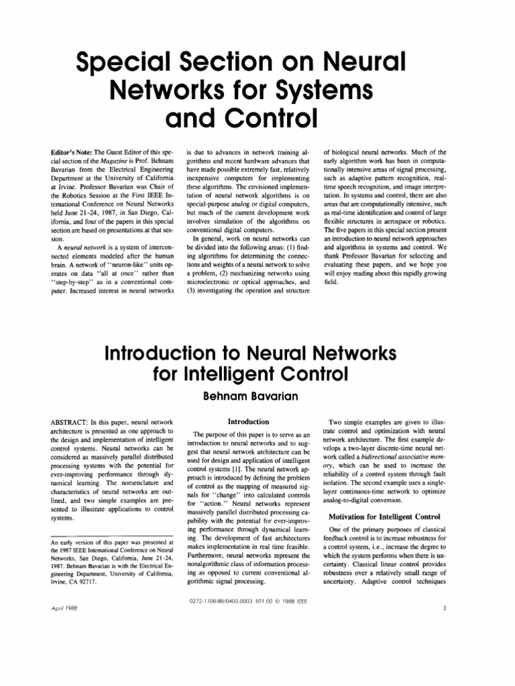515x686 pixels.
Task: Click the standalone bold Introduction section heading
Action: (248, 422)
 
